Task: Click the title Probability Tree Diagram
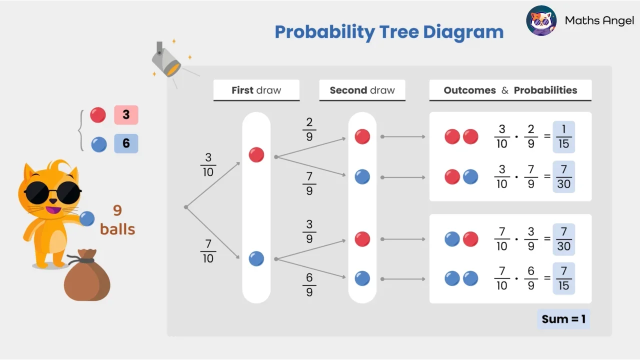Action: click(389, 32)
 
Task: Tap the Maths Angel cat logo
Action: click(541, 21)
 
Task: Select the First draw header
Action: click(256, 90)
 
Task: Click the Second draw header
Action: click(362, 90)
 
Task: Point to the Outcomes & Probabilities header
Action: click(510, 90)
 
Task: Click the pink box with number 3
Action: click(126, 115)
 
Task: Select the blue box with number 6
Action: click(126, 143)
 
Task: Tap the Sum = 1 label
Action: click(563, 319)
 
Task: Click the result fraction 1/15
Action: click(563, 137)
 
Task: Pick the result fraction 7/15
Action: click(563, 278)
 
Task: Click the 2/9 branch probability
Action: click(309, 129)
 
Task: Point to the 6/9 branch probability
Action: click(309, 284)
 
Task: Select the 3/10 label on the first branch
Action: click(208, 165)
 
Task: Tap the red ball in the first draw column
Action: click(256, 155)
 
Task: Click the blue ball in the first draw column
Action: click(256, 258)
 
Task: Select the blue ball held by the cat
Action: click(87, 218)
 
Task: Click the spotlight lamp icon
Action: click(166, 60)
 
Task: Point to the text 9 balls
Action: click(117, 219)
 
